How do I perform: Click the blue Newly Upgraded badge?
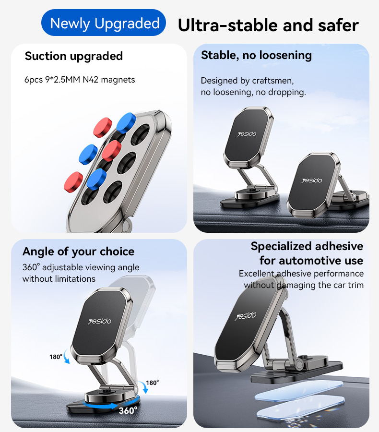pos(105,23)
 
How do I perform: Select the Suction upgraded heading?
pos(74,56)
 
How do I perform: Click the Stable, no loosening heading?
pos(256,55)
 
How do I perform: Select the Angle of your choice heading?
pos(78,252)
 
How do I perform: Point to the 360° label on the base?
pos(128,410)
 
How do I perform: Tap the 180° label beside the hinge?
pos(152,383)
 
